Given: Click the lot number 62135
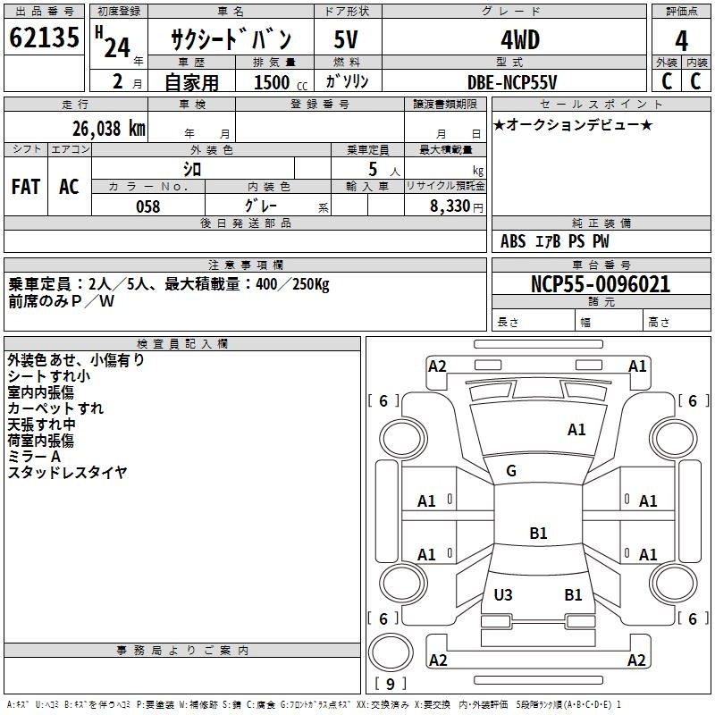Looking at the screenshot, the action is [44, 38].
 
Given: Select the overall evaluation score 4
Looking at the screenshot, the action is [681, 40].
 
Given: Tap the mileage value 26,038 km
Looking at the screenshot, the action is [109, 129].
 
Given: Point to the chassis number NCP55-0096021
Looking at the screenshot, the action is [601, 284].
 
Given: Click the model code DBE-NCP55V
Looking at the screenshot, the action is [512, 82].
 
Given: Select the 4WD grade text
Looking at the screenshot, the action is [520, 40].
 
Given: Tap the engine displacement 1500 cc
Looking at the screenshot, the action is [281, 82].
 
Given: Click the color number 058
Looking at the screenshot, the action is [148, 206].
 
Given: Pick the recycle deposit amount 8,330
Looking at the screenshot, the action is [450, 206].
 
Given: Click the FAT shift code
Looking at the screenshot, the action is [26, 187].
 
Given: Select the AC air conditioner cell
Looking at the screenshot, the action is [70, 187].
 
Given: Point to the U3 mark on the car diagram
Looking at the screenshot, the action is [503, 594].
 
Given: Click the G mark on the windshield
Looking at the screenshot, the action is [511, 471].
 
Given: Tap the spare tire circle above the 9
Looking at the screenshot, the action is [391, 652].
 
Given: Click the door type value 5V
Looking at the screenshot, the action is [346, 39].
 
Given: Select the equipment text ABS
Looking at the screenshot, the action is [513, 241].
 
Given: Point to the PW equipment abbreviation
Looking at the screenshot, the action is [601, 241].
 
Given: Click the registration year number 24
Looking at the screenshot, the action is [117, 47].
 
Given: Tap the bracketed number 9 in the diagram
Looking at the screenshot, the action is [391, 684].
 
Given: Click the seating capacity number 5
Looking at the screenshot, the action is [373, 169].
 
